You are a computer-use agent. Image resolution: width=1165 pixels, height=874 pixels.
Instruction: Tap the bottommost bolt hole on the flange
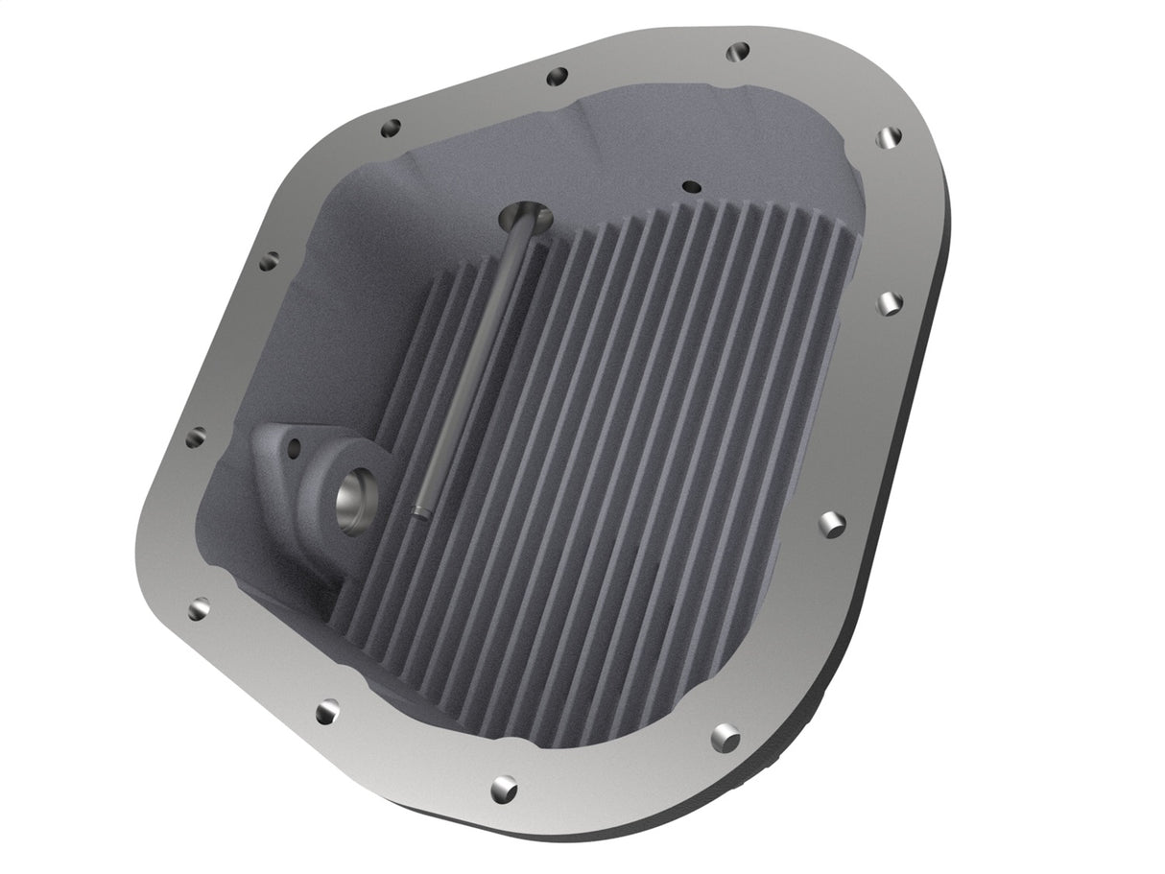point(503,789)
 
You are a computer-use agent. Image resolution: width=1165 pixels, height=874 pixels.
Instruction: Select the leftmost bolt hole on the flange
point(195,438)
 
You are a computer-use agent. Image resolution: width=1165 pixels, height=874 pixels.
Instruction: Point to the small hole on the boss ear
point(294,445)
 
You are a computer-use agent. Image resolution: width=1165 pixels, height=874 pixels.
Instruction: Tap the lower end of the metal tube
point(417,512)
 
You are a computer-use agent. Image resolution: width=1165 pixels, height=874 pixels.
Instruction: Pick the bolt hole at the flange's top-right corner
point(890,137)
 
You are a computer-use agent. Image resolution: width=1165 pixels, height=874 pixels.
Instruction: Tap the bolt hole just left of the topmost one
point(556,77)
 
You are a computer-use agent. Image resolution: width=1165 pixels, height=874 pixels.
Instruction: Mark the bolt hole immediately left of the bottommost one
point(328,711)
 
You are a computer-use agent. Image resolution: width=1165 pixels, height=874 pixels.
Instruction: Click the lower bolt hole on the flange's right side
point(831,524)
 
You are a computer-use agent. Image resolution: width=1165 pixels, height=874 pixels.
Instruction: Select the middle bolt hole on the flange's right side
point(891,303)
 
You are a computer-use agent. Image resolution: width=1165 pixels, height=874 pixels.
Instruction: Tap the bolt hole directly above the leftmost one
point(270,259)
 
